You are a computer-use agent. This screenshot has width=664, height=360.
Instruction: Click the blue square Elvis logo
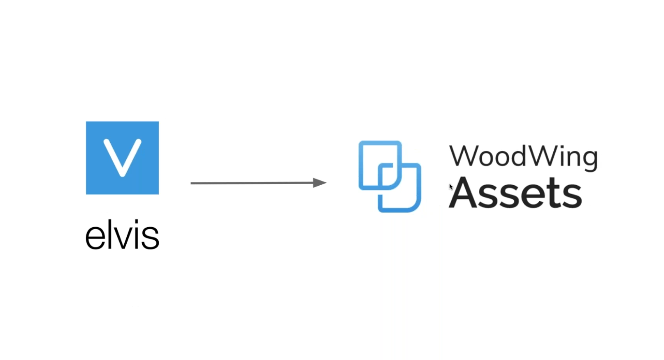[122, 158]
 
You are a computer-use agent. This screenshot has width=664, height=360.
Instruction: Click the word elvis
[122, 234]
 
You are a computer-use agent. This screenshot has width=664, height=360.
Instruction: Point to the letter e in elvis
[95, 237]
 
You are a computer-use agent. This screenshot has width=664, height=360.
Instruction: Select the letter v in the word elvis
[122, 237]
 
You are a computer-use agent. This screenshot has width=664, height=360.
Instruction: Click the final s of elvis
[150, 237]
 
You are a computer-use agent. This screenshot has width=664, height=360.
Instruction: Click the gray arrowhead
[320, 183]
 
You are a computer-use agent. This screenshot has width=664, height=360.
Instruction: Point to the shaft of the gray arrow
[252, 183]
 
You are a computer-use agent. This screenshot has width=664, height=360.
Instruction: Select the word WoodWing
[524, 158]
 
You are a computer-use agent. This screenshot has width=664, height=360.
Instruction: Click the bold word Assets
[515, 193]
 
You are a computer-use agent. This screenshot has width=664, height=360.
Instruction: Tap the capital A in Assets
[463, 193]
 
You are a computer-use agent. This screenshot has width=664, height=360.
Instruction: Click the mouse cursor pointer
[451, 187]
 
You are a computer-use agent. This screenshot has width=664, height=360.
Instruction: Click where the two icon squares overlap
[390, 176]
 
